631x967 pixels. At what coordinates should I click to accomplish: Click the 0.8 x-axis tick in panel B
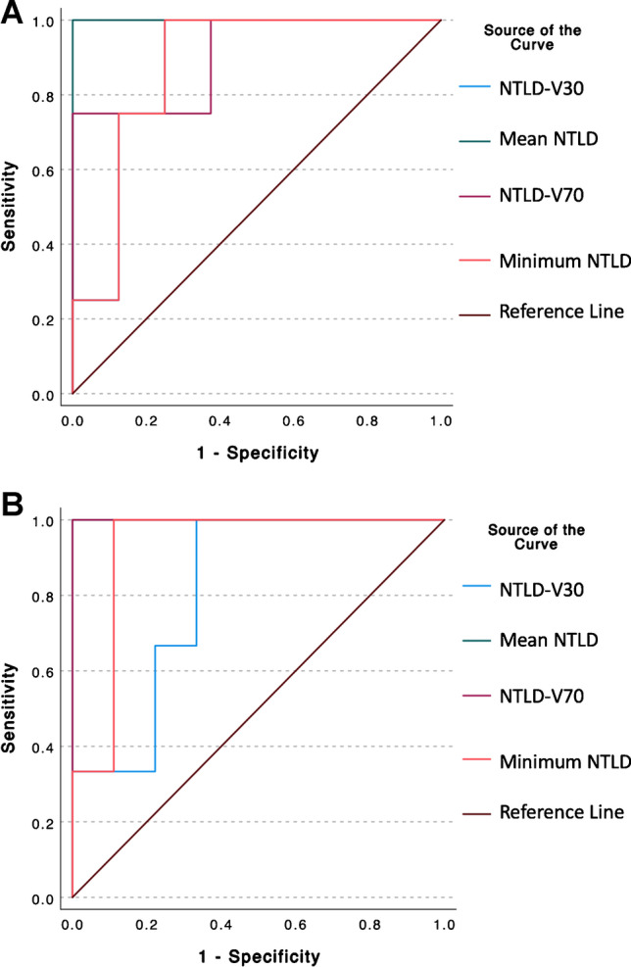coord(370,920)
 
